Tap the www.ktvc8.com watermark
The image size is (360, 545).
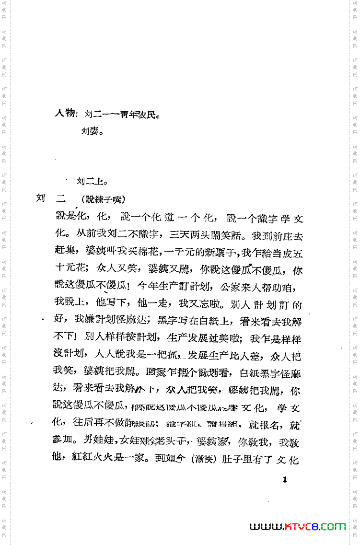[x=298, y=526]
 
